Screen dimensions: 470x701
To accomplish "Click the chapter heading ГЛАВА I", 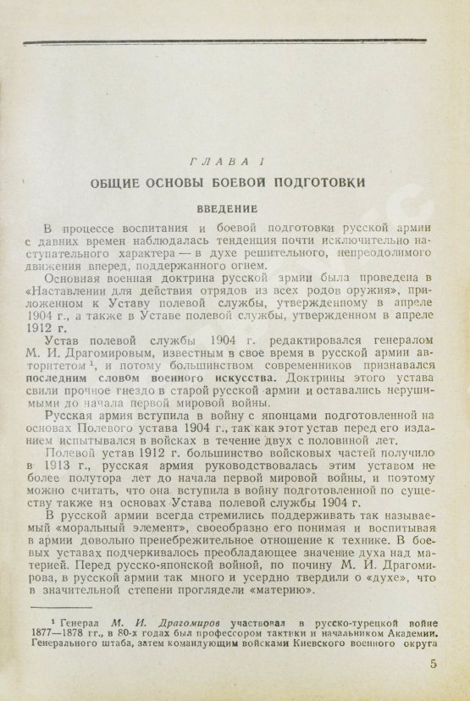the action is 230,161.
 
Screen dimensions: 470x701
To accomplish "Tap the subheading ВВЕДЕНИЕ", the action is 230,207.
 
